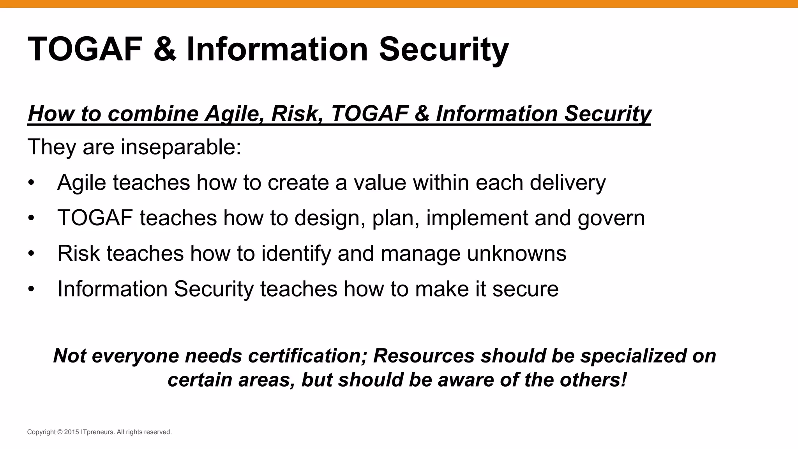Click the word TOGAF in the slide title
[85, 49]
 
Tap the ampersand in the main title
[165, 49]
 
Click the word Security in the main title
[443, 49]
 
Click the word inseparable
[180, 147]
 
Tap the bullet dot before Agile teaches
[31, 183]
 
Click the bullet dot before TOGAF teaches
[31, 218]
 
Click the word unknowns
[516, 253]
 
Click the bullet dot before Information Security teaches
[31, 289]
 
